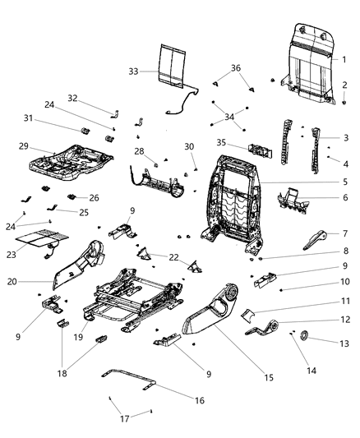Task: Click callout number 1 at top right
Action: (344, 59)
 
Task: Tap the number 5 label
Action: (344, 182)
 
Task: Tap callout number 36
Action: (236, 68)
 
